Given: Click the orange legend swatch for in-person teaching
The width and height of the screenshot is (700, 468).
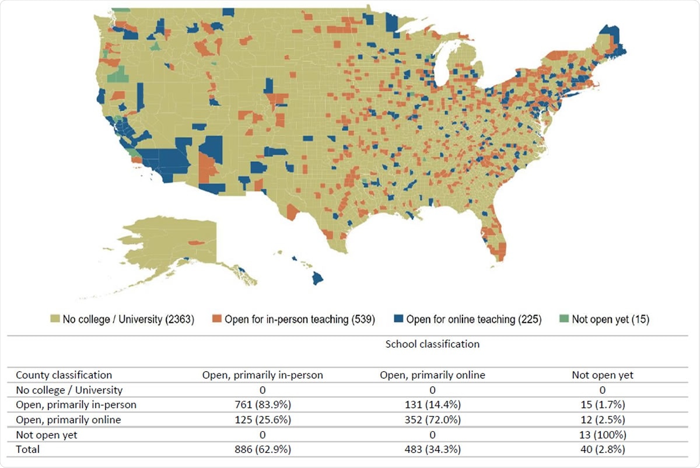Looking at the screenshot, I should tap(216, 319).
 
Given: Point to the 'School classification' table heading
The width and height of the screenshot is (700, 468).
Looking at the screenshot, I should tap(432, 344).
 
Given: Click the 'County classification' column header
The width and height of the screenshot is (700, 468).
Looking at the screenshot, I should tap(64, 375).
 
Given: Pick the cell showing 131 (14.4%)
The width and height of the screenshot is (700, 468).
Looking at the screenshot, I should tap(432, 405).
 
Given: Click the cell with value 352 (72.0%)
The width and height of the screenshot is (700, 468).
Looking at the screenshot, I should tap(432, 420).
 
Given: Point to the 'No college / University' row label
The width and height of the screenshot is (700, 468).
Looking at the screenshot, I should tap(69, 390).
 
